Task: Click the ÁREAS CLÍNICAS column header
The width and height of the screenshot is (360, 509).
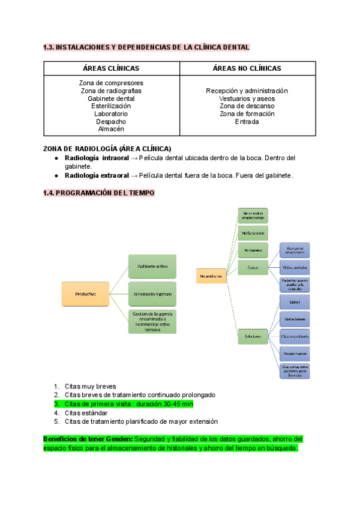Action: point(111,68)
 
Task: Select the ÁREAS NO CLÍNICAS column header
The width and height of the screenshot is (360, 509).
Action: point(247,68)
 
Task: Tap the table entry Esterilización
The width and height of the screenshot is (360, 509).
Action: point(111,106)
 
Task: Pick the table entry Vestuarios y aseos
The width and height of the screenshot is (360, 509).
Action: point(247,98)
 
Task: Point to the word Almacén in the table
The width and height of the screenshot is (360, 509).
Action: point(111,128)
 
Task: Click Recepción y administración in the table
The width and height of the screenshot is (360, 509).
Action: point(247,91)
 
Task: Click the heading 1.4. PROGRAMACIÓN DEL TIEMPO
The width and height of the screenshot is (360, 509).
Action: point(99,193)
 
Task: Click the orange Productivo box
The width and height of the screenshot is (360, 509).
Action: point(86,294)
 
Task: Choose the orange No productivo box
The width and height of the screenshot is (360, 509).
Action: point(211,277)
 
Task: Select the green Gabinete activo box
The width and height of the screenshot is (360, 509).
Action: point(152,266)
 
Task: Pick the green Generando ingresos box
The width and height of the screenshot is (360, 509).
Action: point(152,294)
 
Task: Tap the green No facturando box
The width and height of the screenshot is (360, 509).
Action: point(253,232)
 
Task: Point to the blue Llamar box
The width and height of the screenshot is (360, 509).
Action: point(295,303)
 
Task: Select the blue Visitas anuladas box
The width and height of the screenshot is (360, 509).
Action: point(295,268)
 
